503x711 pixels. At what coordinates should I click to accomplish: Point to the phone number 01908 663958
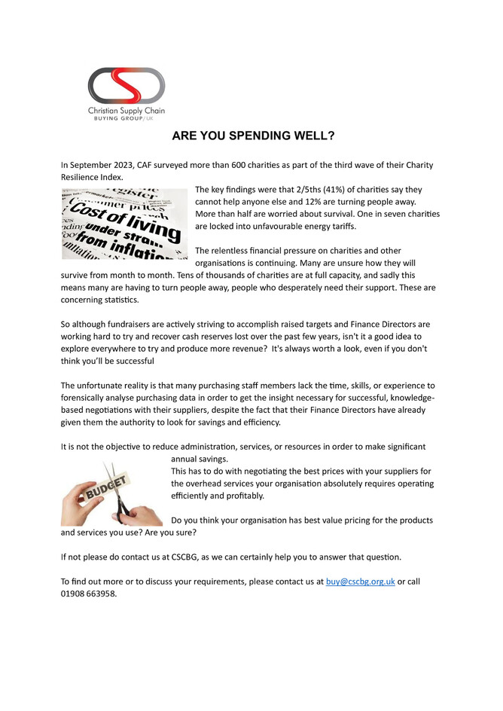(89, 593)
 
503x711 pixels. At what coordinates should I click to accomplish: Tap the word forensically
(90, 397)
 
